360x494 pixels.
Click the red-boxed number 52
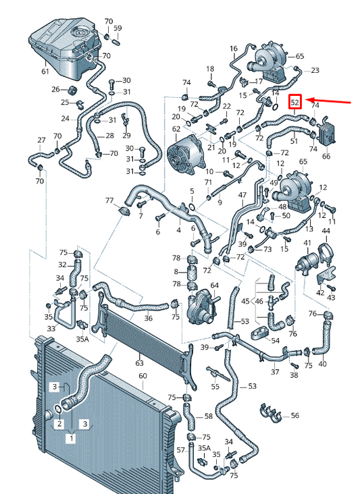click(294, 102)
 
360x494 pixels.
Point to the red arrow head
click(308, 100)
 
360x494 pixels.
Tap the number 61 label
click(45, 72)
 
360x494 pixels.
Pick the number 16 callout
click(233, 49)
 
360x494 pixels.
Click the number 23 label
click(315, 70)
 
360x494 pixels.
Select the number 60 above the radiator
click(143, 376)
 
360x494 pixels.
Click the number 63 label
click(139, 363)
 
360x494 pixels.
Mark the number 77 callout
click(109, 200)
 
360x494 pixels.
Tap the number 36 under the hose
click(149, 319)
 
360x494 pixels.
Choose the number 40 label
click(322, 364)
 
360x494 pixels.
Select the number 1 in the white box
click(72, 438)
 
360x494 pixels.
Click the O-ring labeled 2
click(58, 409)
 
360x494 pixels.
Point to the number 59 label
click(118, 28)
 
